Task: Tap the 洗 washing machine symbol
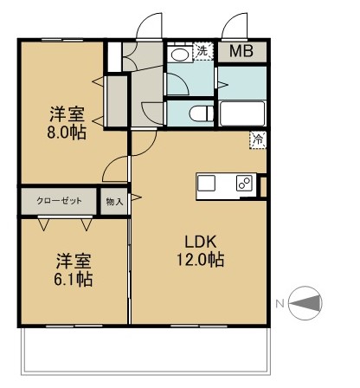coord(202,51)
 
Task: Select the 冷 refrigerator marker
coord(258,137)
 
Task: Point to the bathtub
coord(242,113)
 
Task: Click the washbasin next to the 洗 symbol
coord(180,54)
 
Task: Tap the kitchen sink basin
coord(208,183)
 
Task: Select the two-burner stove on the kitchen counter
coord(244,183)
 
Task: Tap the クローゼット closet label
coord(59,201)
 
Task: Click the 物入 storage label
coord(114,202)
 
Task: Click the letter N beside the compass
coord(280,303)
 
